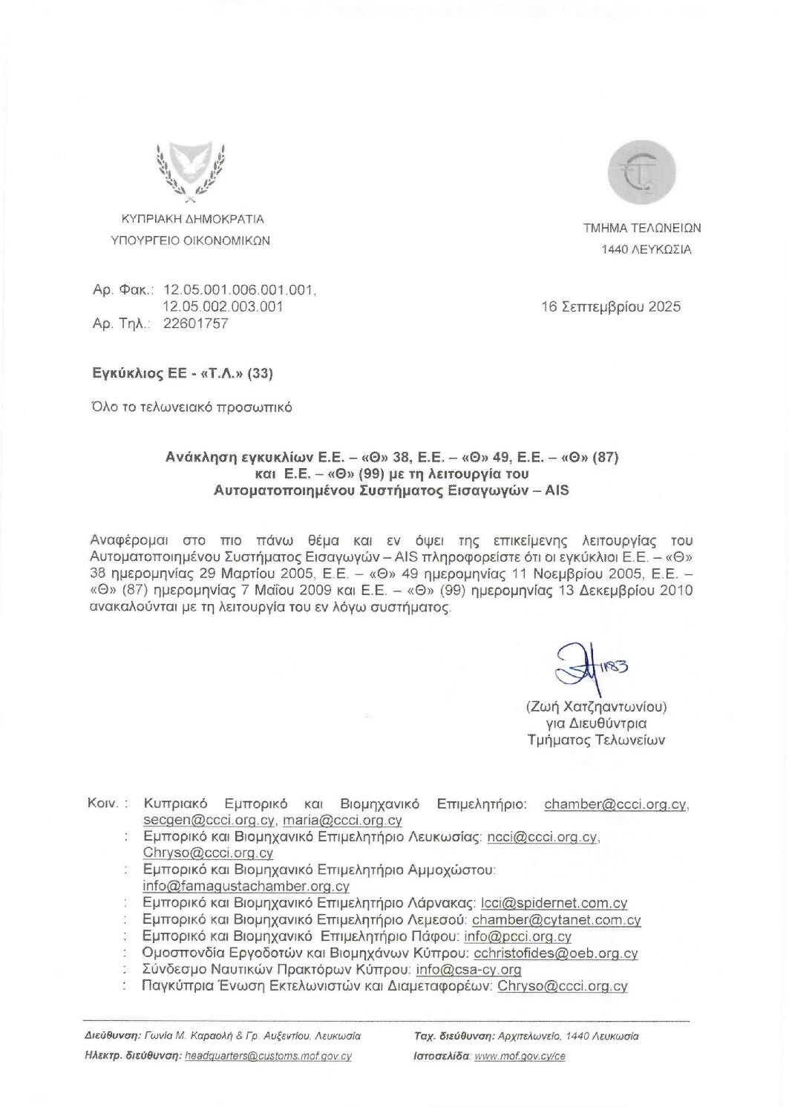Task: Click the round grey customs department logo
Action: [641, 175]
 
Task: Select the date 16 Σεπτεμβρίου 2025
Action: [611, 307]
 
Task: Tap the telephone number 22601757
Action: [195, 323]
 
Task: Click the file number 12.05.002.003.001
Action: [223, 306]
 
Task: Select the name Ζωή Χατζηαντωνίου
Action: [596, 706]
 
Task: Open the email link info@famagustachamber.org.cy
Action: [246, 886]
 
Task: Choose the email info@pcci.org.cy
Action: [517, 936]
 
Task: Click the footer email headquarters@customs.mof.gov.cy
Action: [268, 1056]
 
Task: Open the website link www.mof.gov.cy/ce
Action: [520, 1056]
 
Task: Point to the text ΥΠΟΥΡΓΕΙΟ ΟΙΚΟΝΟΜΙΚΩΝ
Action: [190, 240]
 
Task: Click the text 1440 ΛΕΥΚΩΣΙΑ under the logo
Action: [646, 250]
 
